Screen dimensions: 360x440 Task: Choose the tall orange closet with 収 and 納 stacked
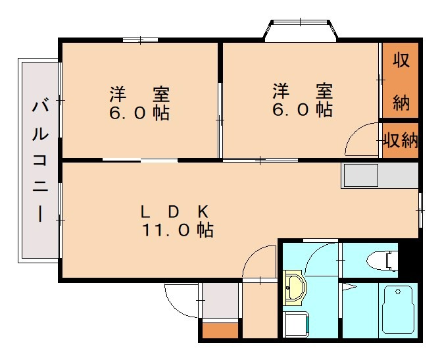pyautogui.click(x=401, y=80)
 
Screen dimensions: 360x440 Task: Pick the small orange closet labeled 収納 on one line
pyautogui.click(x=401, y=140)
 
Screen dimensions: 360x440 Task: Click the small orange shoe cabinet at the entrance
pyautogui.click(x=221, y=331)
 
